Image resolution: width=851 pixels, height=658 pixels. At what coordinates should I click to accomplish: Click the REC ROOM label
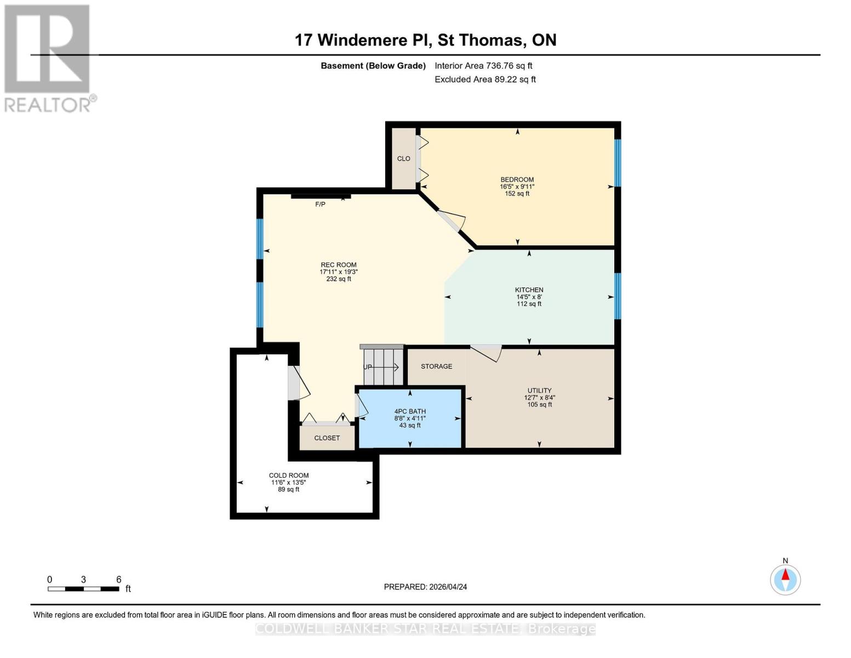[x=338, y=265]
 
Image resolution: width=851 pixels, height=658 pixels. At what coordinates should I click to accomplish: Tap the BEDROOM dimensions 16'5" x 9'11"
[x=517, y=186]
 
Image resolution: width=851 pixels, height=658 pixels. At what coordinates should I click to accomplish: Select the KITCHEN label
[x=529, y=290]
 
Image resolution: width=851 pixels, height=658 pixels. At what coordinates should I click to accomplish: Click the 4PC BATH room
[x=410, y=418]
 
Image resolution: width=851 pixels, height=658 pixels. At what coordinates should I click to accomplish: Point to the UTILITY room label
[x=539, y=391]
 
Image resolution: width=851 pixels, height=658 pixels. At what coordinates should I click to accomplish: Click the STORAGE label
[x=436, y=366]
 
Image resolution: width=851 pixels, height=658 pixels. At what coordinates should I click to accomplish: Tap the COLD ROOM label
[x=288, y=475]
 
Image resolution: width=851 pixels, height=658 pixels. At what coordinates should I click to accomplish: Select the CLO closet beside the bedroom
[x=404, y=158]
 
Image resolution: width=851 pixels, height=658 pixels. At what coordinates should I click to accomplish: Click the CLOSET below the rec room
[x=327, y=438]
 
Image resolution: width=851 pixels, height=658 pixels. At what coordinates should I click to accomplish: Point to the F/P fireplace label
[x=320, y=205]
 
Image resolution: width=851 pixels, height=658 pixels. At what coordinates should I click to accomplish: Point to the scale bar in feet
[x=83, y=589]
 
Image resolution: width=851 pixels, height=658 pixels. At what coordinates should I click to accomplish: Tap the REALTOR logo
[x=48, y=58]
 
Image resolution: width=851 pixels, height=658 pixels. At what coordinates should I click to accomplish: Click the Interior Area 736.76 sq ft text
[x=483, y=66]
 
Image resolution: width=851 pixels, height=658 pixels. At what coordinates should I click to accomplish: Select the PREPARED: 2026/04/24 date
[x=425, y=587]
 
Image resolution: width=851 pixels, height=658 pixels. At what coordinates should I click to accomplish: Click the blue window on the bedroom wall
[x=617, y=163]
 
